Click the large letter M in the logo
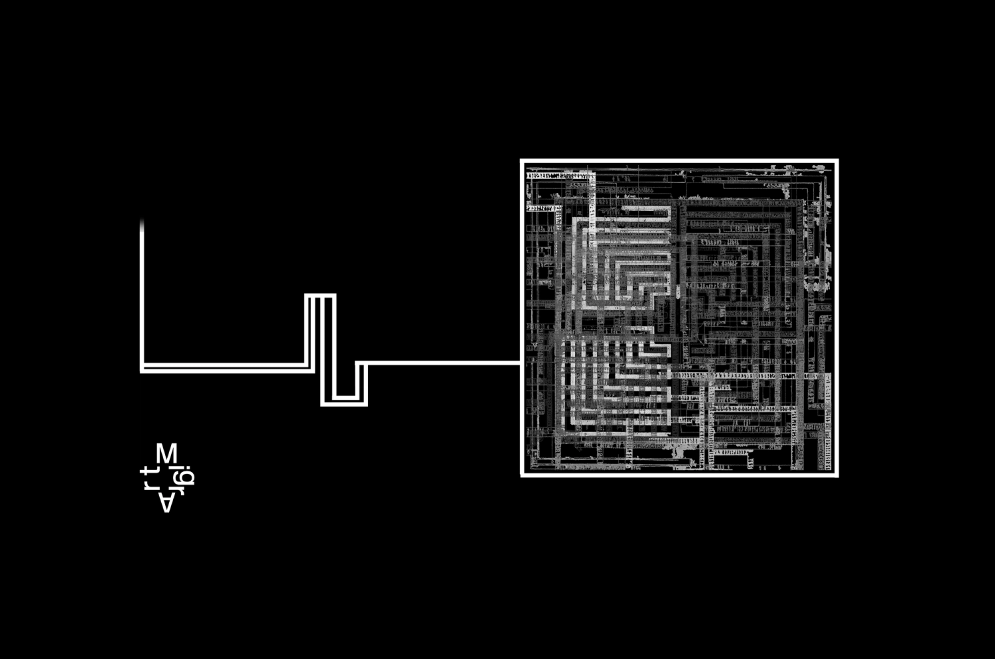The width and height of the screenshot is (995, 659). click(166, 454)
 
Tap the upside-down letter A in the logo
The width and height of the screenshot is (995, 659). click(166, 503)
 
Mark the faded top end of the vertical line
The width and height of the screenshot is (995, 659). click(142, 224)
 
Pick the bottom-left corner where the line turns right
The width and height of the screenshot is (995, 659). click(143, 369)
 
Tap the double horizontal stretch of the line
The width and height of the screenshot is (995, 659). click(226, 367)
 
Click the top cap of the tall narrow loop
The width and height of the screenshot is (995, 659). click(320, 296)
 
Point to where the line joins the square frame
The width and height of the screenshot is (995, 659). click(521, 363)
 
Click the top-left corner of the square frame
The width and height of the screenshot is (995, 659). click(522, 161)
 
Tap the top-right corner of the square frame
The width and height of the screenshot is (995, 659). click(836, 161)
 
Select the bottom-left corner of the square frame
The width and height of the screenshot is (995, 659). click(522, 475)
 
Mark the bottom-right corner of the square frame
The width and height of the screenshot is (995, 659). click(836, 475)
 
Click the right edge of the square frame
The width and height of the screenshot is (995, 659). click(836, 318)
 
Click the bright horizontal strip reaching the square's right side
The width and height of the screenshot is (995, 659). click(750, 376)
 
